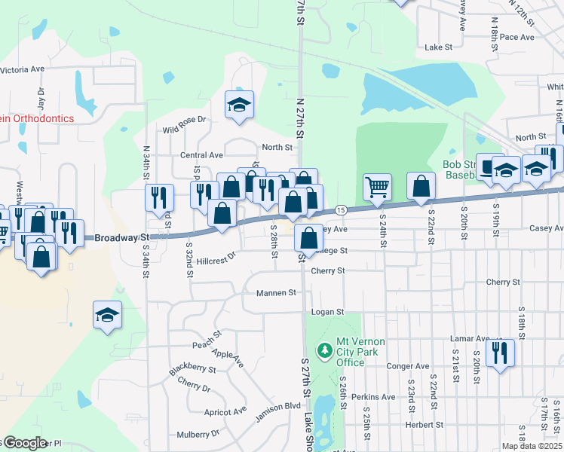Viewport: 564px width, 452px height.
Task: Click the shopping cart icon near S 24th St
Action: (377, 185)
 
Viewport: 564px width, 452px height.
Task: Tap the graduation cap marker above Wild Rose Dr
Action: (239, 105)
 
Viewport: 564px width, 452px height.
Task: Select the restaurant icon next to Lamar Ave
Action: (500, 352)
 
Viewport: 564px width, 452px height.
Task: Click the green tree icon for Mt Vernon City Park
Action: (325, 350)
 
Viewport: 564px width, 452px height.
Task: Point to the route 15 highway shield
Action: (341, 209)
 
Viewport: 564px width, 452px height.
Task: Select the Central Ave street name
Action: (202, 155)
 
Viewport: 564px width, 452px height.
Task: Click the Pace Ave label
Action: (516, 37)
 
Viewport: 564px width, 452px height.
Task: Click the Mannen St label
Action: (277, 292)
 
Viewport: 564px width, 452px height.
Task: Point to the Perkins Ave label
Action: (378, 397)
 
